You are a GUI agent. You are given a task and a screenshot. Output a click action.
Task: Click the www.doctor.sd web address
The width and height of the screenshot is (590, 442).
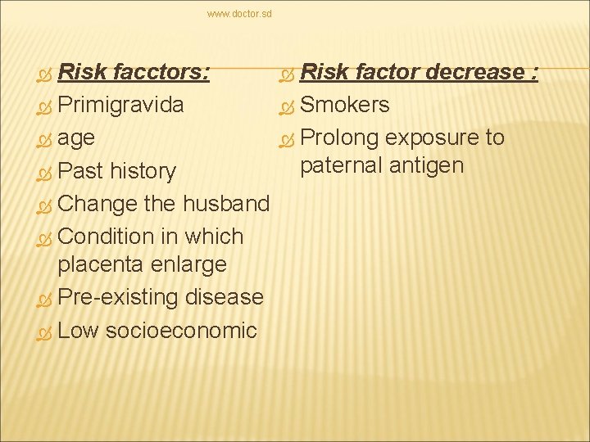[x=239, y=14]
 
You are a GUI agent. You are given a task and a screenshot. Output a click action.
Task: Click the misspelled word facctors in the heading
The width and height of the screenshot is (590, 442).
[x=161, y=72]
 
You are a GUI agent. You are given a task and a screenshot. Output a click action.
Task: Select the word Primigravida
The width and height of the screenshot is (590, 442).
[x=121, y=106]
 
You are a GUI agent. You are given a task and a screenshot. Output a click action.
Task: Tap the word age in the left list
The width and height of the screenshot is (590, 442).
[x=77, y=138]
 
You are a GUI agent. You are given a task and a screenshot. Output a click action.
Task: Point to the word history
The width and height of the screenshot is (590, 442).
[x=143, y=171]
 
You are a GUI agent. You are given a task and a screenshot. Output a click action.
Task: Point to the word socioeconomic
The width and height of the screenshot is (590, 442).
[x=181, y=330]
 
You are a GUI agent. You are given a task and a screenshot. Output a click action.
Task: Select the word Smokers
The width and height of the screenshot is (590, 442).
[x=345, y=106]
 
